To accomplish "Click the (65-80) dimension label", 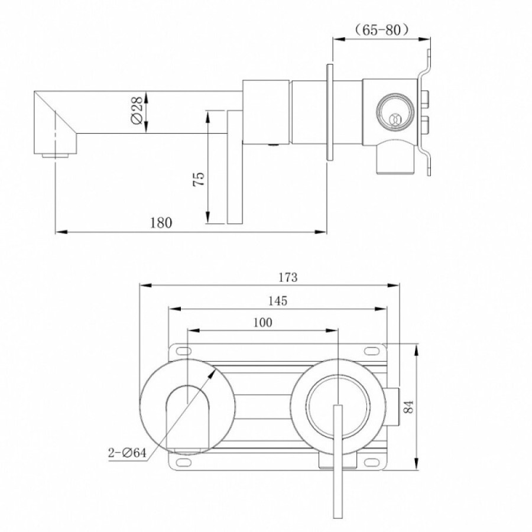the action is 381,30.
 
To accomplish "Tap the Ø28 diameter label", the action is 137,111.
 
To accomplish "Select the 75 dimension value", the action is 199,179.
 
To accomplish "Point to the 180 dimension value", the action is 161,223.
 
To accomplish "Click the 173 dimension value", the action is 288,278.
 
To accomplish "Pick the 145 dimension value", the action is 278,301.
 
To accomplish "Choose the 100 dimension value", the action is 262,322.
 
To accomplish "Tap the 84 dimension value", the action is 408,407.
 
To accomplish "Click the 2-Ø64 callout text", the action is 127,453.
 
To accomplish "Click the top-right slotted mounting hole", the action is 371,351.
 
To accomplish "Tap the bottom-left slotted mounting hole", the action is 184,462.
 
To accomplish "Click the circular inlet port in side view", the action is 395,111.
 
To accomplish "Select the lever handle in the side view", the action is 235,167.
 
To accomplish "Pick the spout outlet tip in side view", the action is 55,155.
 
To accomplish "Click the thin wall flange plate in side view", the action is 330,112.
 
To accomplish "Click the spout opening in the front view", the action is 187,421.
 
